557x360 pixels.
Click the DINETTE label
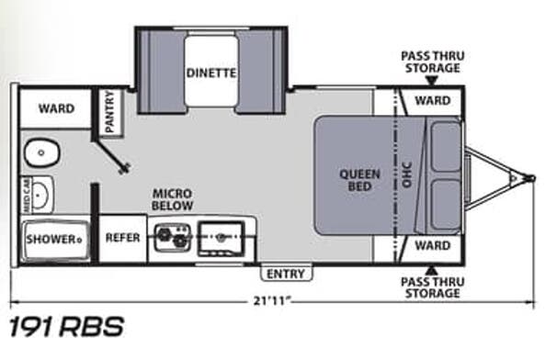[210, 72]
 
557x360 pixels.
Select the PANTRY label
[109, 112]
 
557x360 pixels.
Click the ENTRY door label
[284, 273]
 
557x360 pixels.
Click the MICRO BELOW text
[173, 199]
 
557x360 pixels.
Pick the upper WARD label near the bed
[431, 100]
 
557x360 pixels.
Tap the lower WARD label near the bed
[431, 246]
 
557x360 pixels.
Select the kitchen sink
[222, 236]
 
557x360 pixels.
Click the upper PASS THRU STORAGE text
[431, 62]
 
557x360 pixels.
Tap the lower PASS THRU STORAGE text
[431, 287]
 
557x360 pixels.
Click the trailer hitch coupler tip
[531, 174]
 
